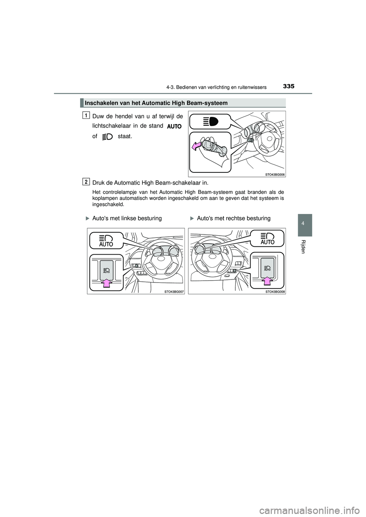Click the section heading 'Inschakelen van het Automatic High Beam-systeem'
[156, 103]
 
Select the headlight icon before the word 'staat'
[108, 136]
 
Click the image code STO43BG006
[275, 174]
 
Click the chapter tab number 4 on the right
[303, 225]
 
